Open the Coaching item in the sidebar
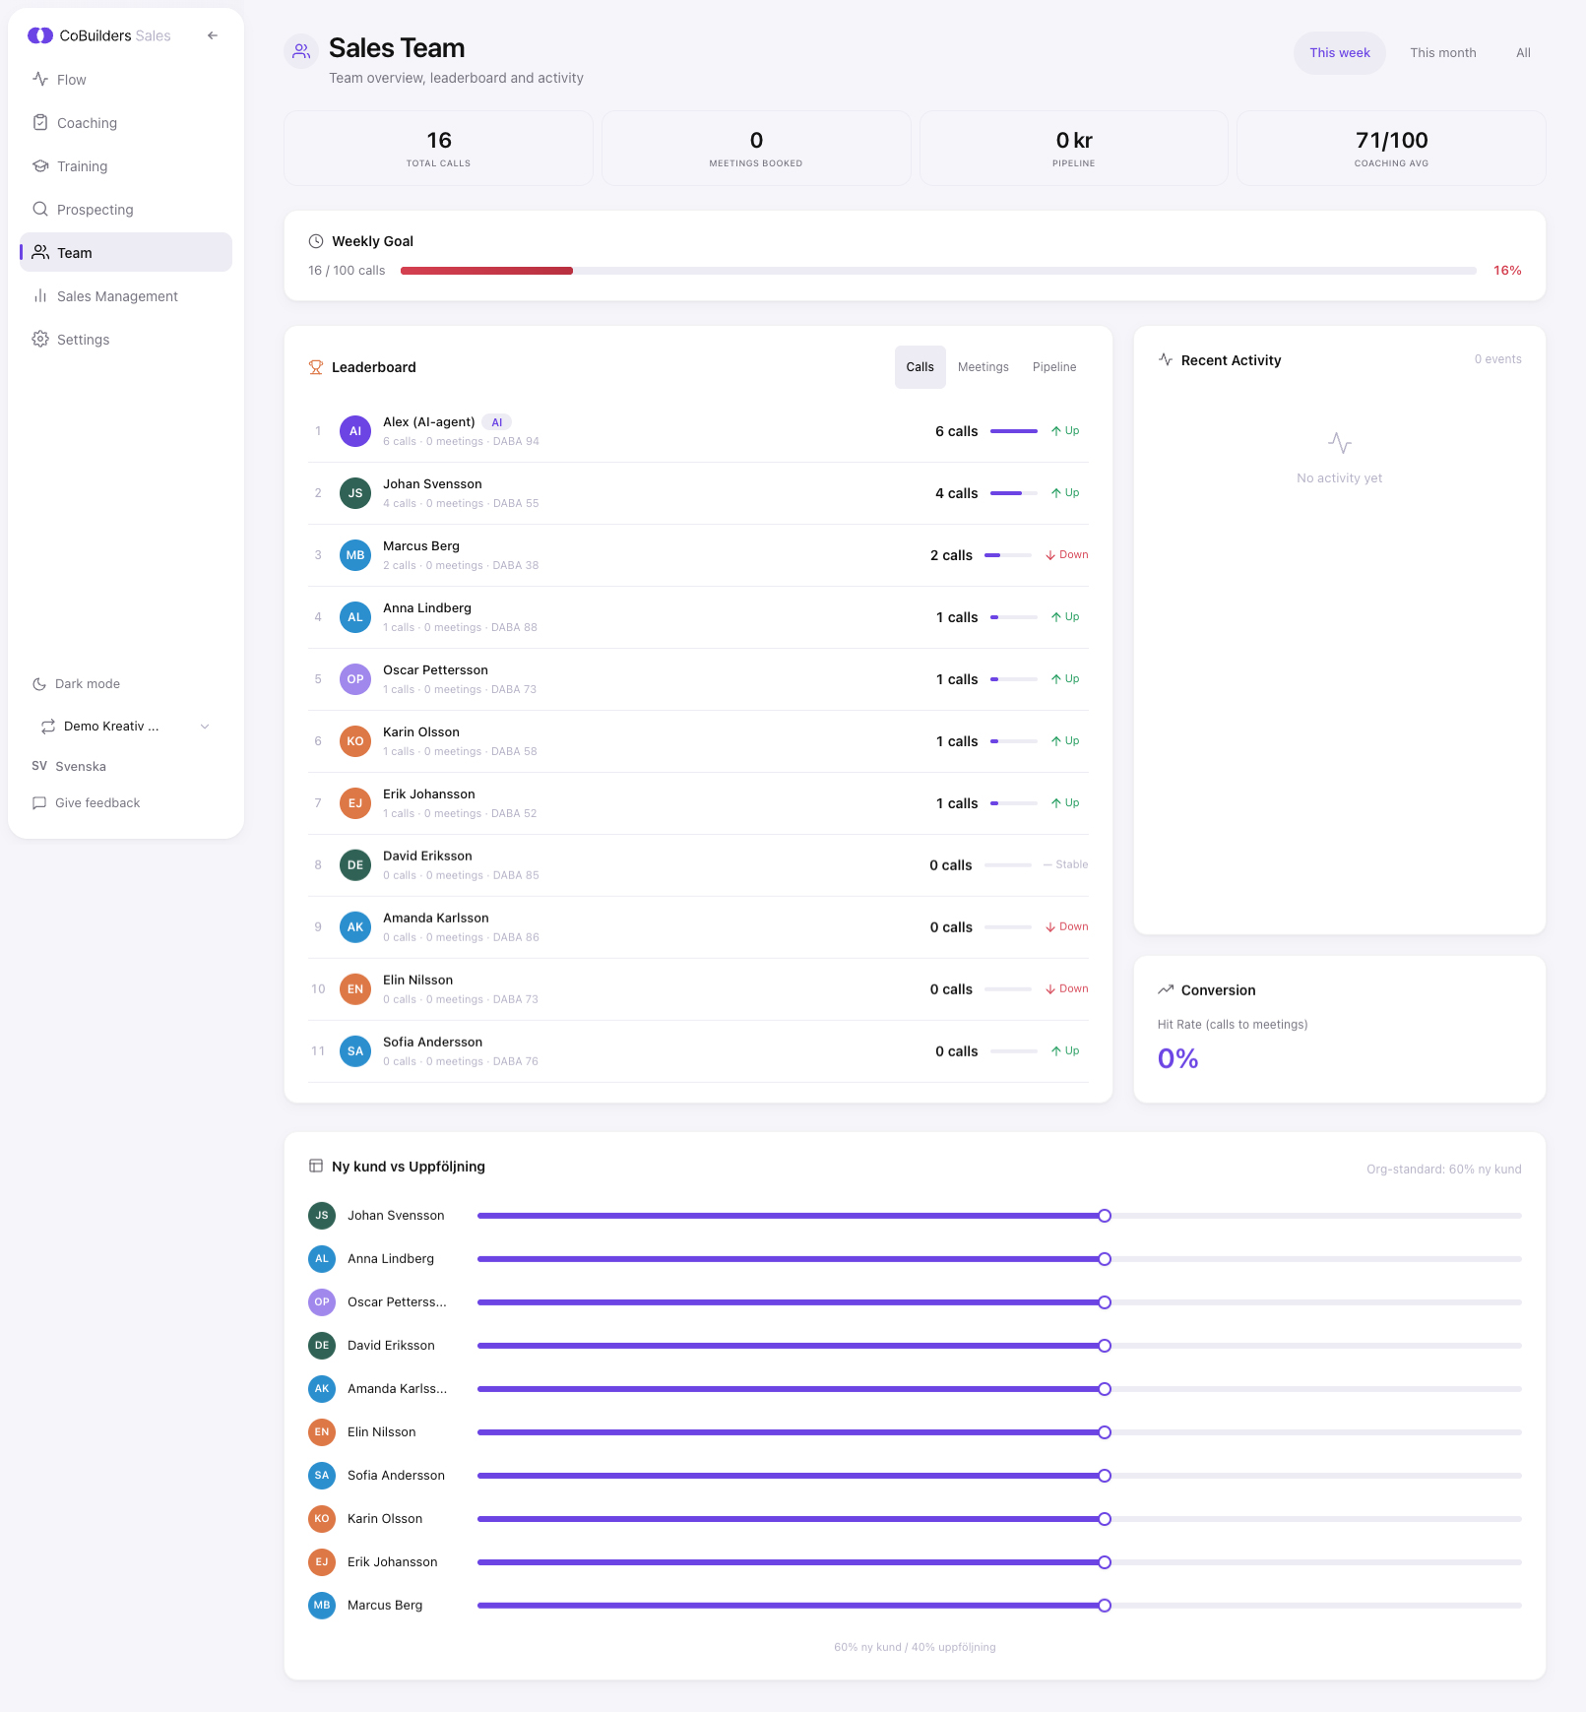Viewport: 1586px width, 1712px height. click(x=87, y=123)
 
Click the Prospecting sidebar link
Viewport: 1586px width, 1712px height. click(x=95, y=210)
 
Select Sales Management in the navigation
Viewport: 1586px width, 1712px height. click(x=117, y=296)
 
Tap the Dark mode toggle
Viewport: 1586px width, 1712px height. click(x=87, y=684)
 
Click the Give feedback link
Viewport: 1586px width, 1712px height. click(x=96, y=803)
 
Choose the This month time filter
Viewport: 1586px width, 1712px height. click(x=1442, y=53)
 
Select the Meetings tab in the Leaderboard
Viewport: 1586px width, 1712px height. click(x=983, y=367)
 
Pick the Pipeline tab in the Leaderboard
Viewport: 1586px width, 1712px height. click(x=1053, y=367)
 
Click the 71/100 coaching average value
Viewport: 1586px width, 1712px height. click(x=1391, y=141)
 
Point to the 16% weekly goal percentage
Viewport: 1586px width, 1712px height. click(x=1506, y=271)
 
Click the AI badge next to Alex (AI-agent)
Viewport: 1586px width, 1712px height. click(x=497, y=422)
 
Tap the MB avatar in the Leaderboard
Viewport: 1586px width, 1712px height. click(x=355, y=555)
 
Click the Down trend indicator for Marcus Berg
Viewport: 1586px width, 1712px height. click(x=1067, y=555)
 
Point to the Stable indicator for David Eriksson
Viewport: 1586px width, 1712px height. click(x=1066, y=865)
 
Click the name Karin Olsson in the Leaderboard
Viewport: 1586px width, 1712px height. click(x=421, y=732)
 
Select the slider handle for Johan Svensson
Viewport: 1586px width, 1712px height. click(x=1105, y=1216)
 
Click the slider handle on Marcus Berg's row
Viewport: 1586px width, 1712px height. click(x=1105, y=1606)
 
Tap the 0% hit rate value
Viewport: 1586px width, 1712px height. click(x=1177, y=1059)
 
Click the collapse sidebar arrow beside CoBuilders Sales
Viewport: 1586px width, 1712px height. click(x=213, y=35)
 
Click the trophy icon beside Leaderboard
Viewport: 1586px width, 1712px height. click(x=316, y=367)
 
